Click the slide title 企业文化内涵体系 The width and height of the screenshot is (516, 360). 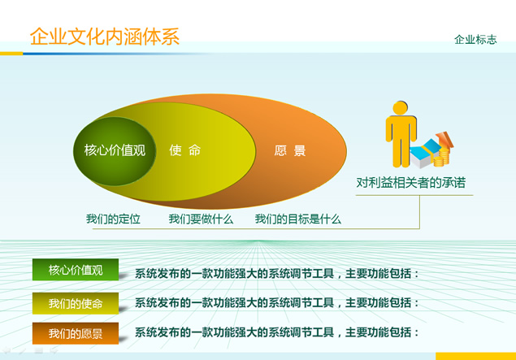(x=105, y=37)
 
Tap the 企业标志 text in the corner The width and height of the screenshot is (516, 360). (x=475, y=40)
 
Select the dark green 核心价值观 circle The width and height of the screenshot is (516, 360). (x=115, y=151)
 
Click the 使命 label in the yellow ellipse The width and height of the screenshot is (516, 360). (x=185, y=150)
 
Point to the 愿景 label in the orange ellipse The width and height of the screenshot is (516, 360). (x=290, y=150)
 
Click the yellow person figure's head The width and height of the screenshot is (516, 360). (x=400, y=107)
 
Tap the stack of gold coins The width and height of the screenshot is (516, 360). (x=442, y=158)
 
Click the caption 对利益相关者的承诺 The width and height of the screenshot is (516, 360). (x=411, y=182)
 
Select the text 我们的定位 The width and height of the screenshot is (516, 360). (x=113, y=219)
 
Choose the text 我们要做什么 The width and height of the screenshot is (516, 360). (x=201, y=219)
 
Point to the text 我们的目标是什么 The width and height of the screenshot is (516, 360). (x=298, y=219)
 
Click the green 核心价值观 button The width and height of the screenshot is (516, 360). (x=76, y=270)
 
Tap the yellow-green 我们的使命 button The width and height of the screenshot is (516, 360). (x=76, y=303)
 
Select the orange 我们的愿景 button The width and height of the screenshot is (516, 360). (x=76, y=333)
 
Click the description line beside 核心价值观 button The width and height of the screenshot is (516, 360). (x=277, y=274)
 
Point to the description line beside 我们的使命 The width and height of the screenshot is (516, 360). (x=277, y=302)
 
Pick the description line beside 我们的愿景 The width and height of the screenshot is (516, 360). (x=277, y=332)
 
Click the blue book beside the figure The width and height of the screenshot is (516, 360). (x=425, y=154)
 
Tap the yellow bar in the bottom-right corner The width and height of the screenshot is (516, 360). (x=475, y=356)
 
